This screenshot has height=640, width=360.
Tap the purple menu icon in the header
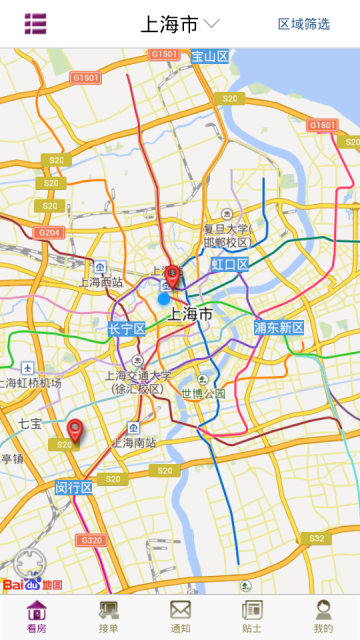[x=36, y=23]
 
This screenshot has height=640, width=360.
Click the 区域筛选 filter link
[x=304, y=24]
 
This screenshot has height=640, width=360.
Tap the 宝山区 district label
[x=210, y=56]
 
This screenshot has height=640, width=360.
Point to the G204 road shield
[x=48, y=232]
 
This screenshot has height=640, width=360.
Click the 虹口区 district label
[x=229, y=264]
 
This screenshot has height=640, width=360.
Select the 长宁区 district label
[x=127, y=329]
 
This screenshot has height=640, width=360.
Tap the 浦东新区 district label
[x=278, y=328]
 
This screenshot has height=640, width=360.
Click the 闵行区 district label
[x=73, y=488]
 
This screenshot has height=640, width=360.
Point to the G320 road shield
[x=91, y=540]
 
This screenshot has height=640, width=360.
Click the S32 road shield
[x=316, y=538]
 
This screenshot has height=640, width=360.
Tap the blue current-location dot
[x=164, y=298]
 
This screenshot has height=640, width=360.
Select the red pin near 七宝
[x=73, y=432]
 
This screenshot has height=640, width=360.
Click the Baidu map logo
[x=33, y=584]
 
